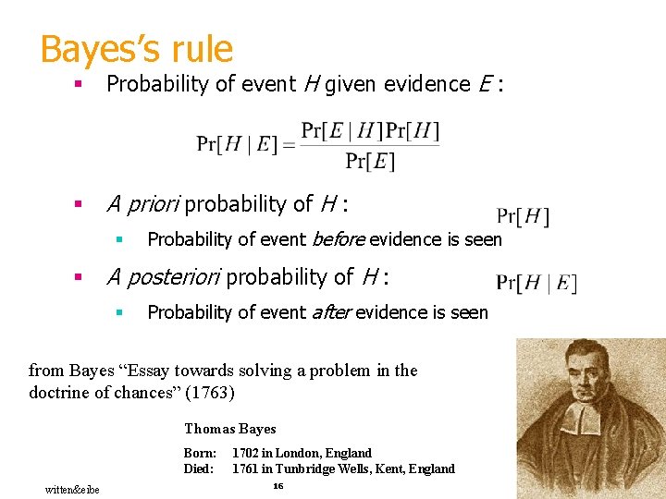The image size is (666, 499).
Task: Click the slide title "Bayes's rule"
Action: click(136, 48)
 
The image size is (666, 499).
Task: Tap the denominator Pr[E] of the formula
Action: click(370, 162)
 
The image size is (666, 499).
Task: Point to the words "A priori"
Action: click(142, 203)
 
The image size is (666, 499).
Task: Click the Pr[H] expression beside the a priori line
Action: click(523, 217)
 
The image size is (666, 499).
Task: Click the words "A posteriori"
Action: click(164, 276)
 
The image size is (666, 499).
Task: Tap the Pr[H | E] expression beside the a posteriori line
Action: click(536, 284)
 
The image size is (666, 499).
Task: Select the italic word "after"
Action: click(331, 312)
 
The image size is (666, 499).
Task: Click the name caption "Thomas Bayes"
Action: click(229, 429)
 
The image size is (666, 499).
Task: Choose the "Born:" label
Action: click(200, 453)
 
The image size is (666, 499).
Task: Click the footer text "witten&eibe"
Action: click(72, 489)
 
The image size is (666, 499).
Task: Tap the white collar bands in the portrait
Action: click(582, 420)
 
